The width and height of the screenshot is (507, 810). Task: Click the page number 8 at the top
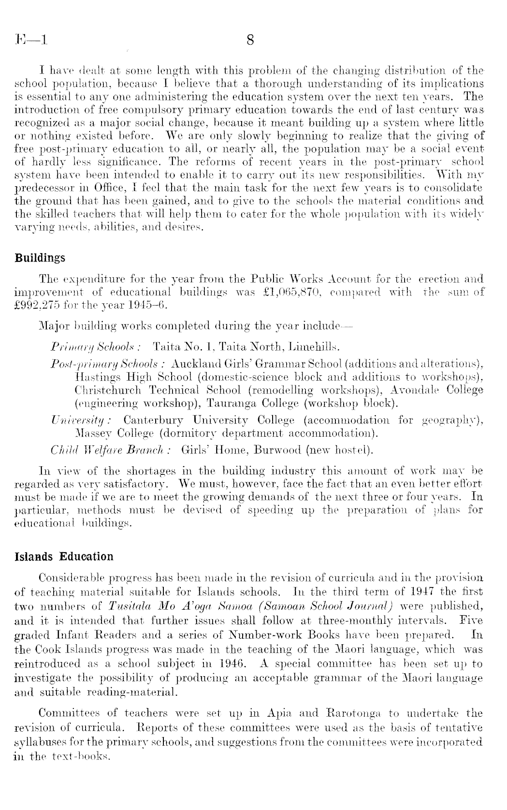point(250,41)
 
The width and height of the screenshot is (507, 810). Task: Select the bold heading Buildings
point(40,258)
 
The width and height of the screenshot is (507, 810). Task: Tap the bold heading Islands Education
point(64,557)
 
